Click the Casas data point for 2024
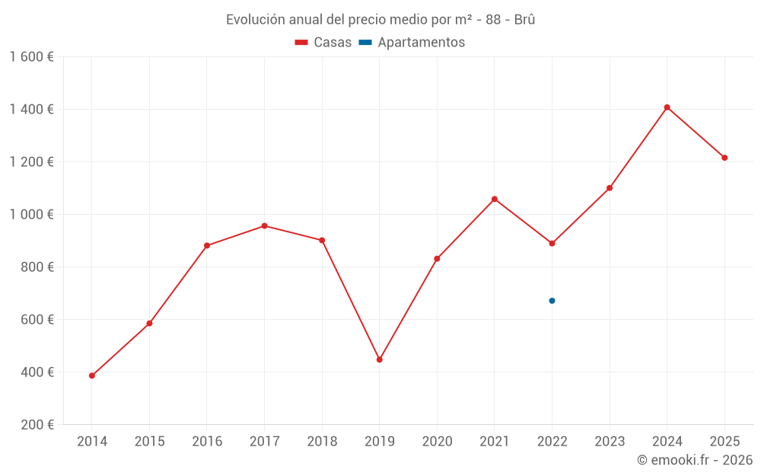[x=667, y=107]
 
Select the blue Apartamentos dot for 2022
[x=552, y=301]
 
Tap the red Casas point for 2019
[x=379, y=359]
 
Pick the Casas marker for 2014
[x=92, y=375]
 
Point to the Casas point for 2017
[x=264, y=225]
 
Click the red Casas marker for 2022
[x=552, y=244]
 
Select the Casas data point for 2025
[x=724, y=158]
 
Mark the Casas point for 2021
[x=495, y=199]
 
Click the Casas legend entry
[x=323, y=43]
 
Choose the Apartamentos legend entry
[x=412, y=43]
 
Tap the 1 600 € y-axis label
[x=31, y=57]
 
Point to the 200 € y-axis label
[x=37, y=425]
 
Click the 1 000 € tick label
[x=31, y=215]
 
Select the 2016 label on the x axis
[x=207, y=442]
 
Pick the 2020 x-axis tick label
[x=437, y=442]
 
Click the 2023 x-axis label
[x=610, y=442]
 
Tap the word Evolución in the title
[x=252, y=20]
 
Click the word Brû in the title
[x=524, y=20]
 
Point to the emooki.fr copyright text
[x=695, y=460]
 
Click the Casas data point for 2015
[x=149, y=324]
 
